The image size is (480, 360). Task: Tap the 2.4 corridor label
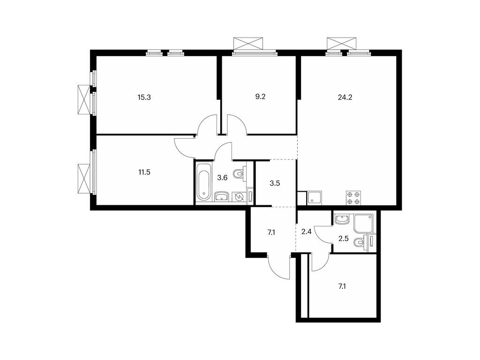pos(307,231)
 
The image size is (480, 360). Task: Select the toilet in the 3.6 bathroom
pos(240,174)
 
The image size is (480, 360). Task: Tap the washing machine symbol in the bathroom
pos(240,197)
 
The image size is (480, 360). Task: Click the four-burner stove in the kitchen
pos(353,197)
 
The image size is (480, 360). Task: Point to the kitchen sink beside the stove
pos(314,197)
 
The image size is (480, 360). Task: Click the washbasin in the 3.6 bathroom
pos(221,197)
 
